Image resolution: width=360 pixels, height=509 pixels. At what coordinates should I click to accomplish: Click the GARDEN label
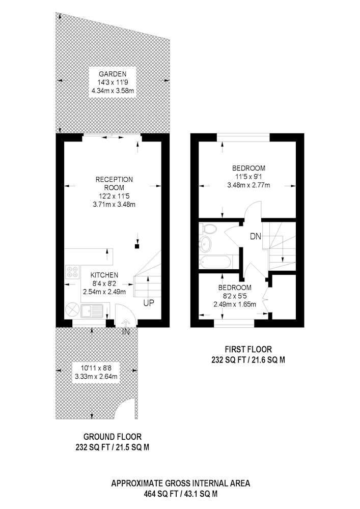[113, 74]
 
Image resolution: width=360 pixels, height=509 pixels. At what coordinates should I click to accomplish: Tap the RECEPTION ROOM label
[114, 183]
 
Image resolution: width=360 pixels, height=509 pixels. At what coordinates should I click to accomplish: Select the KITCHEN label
[104, 275]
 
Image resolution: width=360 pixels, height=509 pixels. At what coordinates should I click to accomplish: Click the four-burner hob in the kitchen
[72, 272]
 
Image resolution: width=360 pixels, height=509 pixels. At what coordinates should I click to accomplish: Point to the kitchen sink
[92, 311]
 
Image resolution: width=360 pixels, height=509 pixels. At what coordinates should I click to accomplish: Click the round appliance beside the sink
[72, 310]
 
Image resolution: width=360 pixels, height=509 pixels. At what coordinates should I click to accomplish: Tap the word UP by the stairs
[149, 303]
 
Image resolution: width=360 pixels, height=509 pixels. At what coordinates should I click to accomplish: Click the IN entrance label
[126, 332]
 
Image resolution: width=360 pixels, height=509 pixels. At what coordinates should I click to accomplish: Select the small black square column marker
[137, 246]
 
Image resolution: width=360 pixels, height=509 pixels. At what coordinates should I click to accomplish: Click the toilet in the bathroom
[208, 229]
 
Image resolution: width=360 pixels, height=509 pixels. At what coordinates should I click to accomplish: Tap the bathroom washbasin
[205, 244]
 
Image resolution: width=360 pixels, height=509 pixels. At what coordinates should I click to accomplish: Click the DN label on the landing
[256, 236]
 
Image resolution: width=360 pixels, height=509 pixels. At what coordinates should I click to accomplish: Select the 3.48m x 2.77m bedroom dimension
[249, 185]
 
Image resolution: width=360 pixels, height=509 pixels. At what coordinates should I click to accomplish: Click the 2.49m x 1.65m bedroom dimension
[235, 304]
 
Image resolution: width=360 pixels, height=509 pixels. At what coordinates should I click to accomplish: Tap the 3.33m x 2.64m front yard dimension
[96, 377]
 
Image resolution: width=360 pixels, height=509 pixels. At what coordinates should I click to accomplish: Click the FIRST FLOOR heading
[248, 349]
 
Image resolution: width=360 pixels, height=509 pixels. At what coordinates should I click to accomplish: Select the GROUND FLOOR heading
[113, 437]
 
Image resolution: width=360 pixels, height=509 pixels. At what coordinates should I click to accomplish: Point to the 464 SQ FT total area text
[161, 494]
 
